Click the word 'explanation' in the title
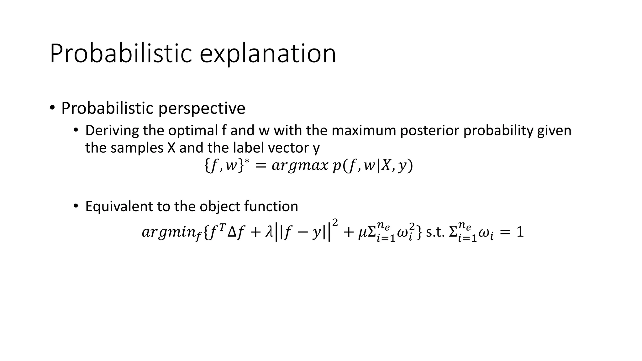click(x=268, y=54)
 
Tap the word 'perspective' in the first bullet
click(x=202, y=108)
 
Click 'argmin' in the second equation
click(x=168, y=233)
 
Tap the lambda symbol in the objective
click(x=269, y=232)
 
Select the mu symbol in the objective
click(x=362, y=233)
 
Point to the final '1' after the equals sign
click(x=520, y=232)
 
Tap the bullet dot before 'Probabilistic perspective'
click(x=52, y=108)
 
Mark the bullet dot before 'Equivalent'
click(x=76, y=206)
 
